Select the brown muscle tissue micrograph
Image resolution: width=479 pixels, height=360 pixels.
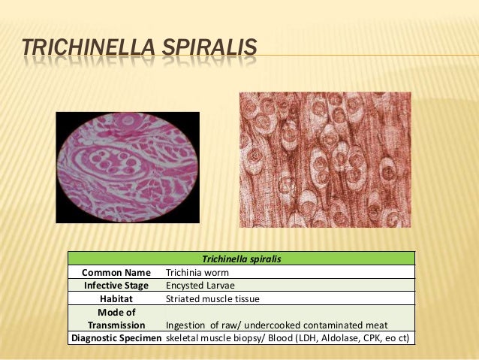coord(324,159)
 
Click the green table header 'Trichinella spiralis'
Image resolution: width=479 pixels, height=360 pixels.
coord(242,259)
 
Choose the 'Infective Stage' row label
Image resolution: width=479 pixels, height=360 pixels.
coord(116,286)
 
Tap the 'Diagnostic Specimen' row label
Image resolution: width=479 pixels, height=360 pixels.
coord(116,338)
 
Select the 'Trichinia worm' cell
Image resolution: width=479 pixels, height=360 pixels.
coord(197,272)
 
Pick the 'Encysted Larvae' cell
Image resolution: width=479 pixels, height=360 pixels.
coord(200,286)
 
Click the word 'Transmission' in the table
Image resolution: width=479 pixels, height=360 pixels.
coord(116,325)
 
